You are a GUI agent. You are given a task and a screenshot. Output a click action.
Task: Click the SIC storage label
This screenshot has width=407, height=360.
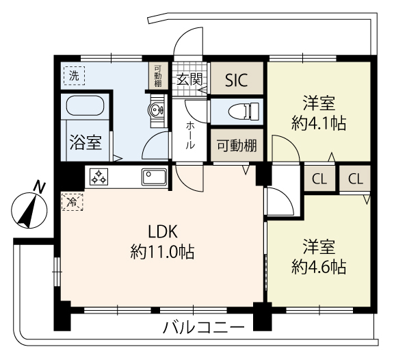[236, 80]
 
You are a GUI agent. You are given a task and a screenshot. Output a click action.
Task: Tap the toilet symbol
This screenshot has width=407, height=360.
[244, 112]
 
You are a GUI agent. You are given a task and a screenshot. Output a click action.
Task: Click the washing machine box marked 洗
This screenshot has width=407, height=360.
[75, 75]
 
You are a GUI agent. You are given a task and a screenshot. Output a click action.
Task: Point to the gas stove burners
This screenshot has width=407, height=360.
[99, 177]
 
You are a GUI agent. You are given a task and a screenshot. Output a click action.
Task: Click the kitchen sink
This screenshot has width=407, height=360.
[154, 177]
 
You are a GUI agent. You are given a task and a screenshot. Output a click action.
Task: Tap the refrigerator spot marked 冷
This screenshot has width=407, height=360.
[73, 201]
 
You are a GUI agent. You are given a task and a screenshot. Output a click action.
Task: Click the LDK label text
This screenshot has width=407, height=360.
[163, 232]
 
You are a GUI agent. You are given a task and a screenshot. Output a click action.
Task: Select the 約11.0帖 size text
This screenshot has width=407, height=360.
[162, 251]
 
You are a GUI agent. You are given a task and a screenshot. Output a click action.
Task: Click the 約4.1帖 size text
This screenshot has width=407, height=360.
[319, 123]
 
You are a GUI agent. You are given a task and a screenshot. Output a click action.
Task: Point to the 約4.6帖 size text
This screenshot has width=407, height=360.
[319, 267]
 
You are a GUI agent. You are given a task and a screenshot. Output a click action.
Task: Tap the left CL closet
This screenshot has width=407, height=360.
[319, 179]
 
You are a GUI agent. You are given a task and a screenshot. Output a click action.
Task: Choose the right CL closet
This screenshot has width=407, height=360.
[355, 179]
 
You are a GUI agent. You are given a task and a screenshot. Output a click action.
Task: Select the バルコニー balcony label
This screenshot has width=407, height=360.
[204, 328]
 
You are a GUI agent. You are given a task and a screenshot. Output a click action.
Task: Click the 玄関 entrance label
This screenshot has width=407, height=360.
[189, 79]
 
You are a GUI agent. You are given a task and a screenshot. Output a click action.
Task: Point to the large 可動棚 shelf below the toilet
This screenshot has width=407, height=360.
[237, 146]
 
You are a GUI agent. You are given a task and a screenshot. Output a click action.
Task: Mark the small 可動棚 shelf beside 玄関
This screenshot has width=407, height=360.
[158, 76]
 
